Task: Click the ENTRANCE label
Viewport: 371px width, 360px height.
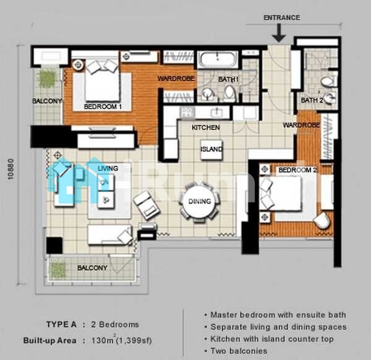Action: point(281,17)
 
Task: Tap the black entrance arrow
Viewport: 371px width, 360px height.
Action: point(279,33)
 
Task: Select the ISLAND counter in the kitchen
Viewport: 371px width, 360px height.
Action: point(211,149)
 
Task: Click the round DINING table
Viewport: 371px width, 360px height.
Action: point(200,202)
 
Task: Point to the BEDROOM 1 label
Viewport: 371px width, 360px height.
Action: point(103,106)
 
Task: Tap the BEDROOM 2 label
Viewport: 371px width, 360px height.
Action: point(297,170)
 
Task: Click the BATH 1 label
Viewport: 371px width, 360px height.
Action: point(228,79)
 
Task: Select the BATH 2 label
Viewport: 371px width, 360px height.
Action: point(312,100)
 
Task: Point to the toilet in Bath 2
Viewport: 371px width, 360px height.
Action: point(328,81)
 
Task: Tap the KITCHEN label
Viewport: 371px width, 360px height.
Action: point(206,127)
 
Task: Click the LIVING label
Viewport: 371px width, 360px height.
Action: point(108,168)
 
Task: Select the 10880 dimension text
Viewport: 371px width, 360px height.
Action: point(11,169)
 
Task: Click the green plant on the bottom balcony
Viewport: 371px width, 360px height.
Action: point(58,270)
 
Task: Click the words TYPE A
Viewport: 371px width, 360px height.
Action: point(61,325)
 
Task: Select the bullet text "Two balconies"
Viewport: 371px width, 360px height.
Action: point(239,351)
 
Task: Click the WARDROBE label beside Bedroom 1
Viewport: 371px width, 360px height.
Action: point(176,79)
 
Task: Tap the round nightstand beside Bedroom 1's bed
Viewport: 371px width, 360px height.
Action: point(78,65)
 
